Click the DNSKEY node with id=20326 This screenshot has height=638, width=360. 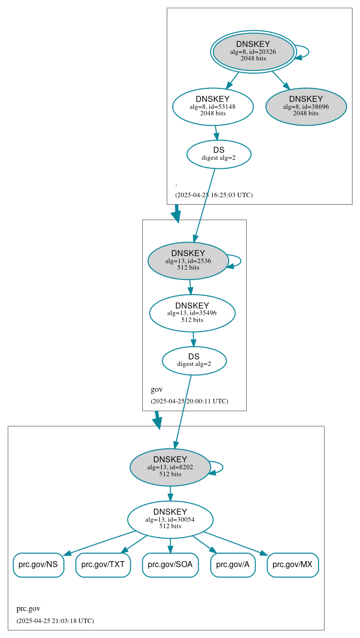[253, 51]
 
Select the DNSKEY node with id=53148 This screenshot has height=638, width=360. [213, 106]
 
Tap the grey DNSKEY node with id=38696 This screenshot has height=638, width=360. [306, 106]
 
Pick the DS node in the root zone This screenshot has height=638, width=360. [219, 154]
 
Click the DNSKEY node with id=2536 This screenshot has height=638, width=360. [188, 261]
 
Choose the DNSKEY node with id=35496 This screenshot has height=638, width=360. [192, 313]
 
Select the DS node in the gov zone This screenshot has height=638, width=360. [194, 360]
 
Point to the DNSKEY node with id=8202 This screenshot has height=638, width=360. [170, 467]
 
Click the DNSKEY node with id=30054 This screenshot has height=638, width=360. [170, 519]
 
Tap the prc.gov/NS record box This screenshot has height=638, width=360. [38, 565]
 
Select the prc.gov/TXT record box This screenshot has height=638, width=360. [103, 565]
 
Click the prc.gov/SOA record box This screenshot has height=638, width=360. [170, 565]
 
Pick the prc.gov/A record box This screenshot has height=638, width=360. [233, 565]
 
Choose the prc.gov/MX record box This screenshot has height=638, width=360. [293, 565]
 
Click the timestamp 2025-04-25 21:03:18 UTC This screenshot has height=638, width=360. [55, 621]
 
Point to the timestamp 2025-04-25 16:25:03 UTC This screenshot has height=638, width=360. [214, 195]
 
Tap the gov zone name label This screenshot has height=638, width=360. [157, 389]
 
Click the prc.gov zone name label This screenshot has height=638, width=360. [28, 609]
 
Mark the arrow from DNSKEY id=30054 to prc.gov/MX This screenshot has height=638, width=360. [235, 543]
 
